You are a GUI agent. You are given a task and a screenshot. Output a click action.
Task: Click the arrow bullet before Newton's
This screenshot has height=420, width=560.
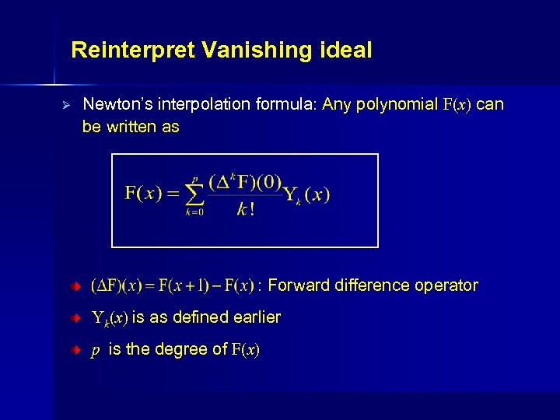coord(67,104)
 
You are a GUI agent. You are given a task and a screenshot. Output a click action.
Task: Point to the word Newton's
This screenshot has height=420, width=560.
coord(114,104)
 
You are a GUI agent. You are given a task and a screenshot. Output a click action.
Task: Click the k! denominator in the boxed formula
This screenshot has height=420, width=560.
coord(246,210)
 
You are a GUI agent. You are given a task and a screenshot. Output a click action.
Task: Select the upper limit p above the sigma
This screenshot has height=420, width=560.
coord(194,178)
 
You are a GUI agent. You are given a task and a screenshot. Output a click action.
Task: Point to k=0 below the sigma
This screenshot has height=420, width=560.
coord(194,212)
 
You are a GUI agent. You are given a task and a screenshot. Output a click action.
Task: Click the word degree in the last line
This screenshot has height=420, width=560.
coord(183,349)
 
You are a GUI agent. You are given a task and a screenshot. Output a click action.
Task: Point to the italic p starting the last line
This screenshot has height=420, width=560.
coord(95,351)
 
